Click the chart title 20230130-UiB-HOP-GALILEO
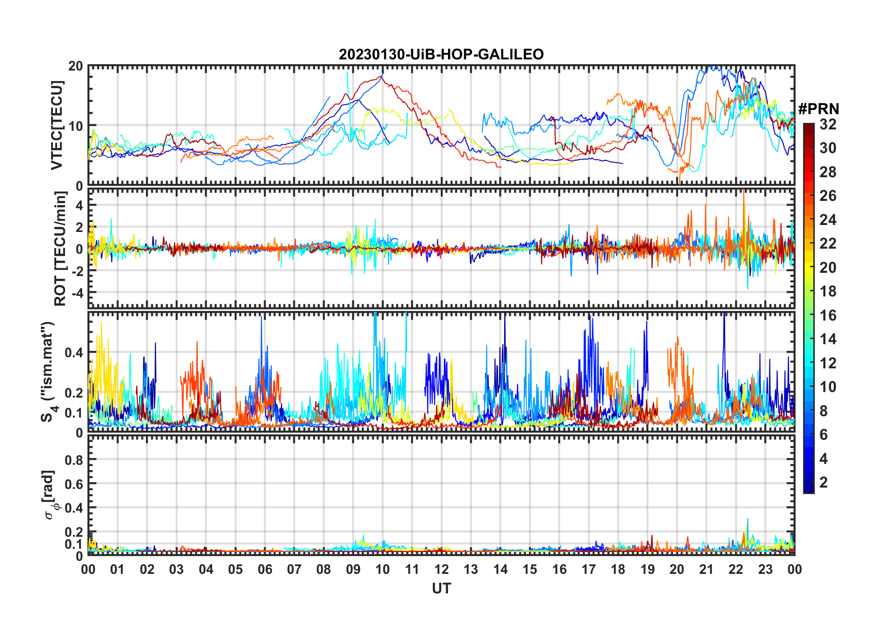(441, 55)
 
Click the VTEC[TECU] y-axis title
(57, 125)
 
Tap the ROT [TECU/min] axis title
(60, 249)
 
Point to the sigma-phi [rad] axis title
(49, 495)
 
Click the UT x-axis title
(441, 589)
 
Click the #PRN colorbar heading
(818, 109)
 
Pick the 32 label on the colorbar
(828, 124)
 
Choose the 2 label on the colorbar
(824, 482)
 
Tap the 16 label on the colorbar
(828, 315)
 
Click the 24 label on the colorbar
(828, 220)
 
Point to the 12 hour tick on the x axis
(441, 570)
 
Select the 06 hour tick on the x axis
(265, 570)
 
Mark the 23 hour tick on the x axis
(765, 570)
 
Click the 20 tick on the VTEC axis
(76, 66)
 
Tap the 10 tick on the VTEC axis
(76, 126)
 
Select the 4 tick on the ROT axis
(79, 205)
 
